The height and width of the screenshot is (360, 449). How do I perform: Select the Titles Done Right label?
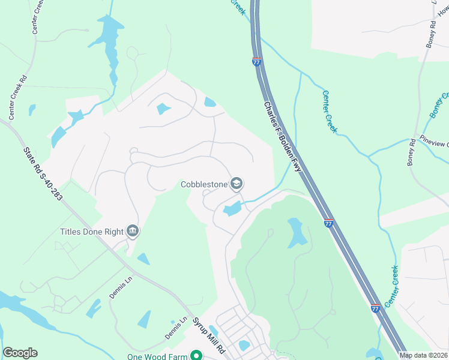click(x=91, y=232)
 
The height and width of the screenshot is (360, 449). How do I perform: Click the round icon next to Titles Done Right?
click(x=133, y=231)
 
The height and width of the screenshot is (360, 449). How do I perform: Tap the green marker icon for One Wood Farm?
click(x=196, y=356)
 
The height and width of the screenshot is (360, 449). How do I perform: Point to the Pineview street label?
click(x=434, y=145)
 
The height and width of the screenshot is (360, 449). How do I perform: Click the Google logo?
click(x=20, y=353)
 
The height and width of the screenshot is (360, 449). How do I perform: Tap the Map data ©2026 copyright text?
click(x=424, y=355)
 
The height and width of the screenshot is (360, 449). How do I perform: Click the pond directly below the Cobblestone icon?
click(x=232, y=209)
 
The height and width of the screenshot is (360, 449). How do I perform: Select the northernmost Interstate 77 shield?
click(x=256, y=61)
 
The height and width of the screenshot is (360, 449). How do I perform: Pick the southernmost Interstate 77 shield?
click(x=375, y=308)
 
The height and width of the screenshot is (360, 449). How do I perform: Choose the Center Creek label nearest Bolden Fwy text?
click(x=330, y=111)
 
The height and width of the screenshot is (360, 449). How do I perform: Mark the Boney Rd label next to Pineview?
click(x=412, y=152)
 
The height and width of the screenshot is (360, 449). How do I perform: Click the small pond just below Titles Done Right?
click(x=143, y=259)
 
